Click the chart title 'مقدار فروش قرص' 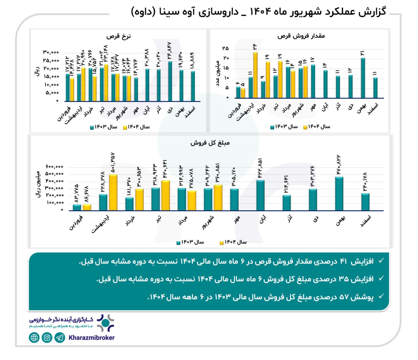tap(301, 36)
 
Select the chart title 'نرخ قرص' tap(118, 36)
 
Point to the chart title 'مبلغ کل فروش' tap(210, 143)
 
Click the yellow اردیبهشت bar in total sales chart tap(113, 193)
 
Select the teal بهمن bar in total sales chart tap(339, 194)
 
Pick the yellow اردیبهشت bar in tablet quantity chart tap(255, 75)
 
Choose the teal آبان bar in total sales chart tap(260, 196)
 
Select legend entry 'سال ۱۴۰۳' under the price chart tap(104, 127)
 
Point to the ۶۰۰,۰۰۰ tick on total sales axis tap(55, 167)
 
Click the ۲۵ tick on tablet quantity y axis tap(225, 49)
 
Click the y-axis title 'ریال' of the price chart tap(37, 71)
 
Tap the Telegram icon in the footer tap(60, 337)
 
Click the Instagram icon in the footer tap(47, 337)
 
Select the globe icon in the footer tap(34, 337)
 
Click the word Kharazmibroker tap(91, 338)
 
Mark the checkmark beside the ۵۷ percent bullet tap(381, 296)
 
